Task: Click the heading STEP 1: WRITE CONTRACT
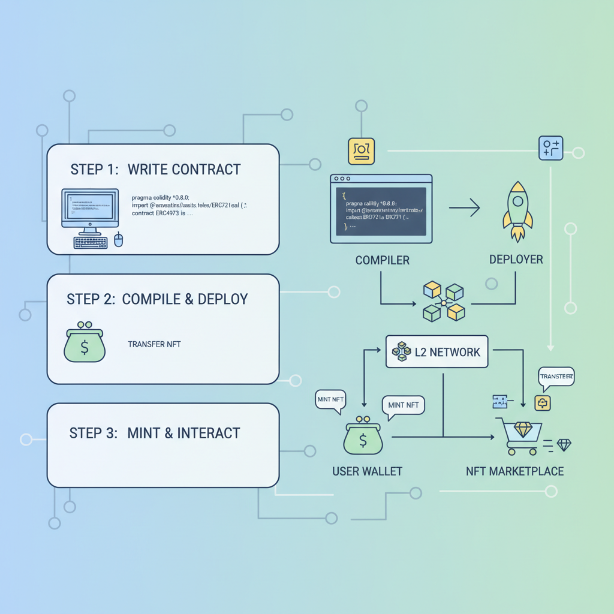[155, 169]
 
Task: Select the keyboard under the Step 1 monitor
[90, 242]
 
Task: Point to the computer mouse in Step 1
[118, 240]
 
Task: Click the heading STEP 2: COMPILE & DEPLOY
[157, 299]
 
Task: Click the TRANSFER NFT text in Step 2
[154, 344]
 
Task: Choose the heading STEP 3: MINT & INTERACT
[155, 433]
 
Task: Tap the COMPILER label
[382, 260]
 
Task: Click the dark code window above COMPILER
[381, 209]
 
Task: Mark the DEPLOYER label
[516, 260]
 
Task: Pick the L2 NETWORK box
[436, 352]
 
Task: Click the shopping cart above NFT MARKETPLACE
[522, 435]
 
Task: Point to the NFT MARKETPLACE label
[514, 471]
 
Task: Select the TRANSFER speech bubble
[556, 377]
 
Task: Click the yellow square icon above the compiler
[361, 151]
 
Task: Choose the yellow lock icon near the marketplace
[543, 403]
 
